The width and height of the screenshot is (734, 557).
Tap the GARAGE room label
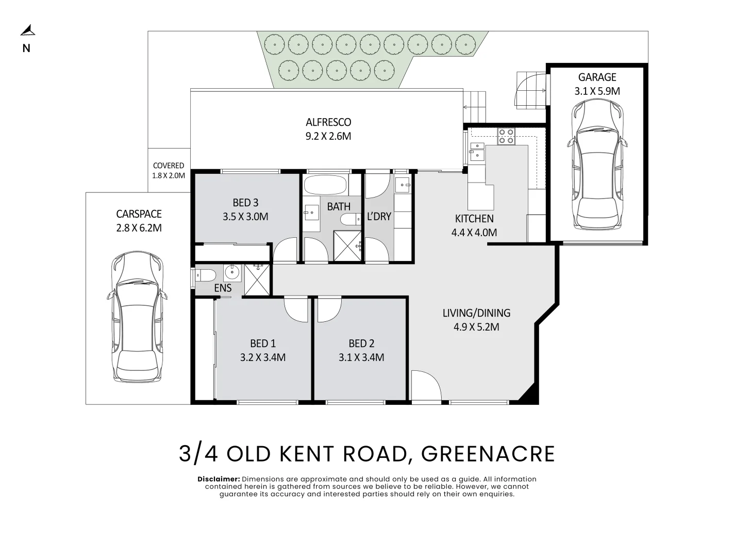(x=597, y=77)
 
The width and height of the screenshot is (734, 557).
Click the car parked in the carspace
(x=138, y=317)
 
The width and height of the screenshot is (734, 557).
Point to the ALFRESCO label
(x=328, y=122)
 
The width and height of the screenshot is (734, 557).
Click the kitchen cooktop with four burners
(x=506, y=137)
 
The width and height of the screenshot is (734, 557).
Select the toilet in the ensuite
(x=205, y=276)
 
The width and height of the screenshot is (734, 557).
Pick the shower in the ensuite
(x=257, y=280)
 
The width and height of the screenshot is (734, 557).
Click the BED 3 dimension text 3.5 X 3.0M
(x=245, y=217)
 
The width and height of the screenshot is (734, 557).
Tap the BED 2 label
(x=361, y=343)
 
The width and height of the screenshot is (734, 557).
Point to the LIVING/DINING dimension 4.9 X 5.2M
(x=476, y=327)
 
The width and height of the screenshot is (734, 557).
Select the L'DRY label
(x=379, y=217)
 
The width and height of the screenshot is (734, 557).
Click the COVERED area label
(x=169, y=166)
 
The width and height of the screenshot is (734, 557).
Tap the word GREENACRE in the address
(x=488, y=454)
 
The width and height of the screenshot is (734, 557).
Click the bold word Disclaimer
(x=219, y=479)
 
